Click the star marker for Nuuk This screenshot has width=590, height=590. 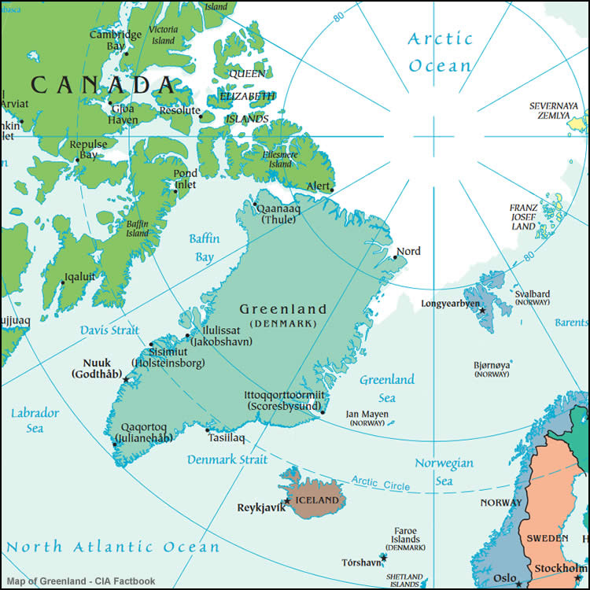[x=126, y=380]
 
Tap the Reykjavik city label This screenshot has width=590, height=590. [x=260, y=507]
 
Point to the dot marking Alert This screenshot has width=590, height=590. [x=332, y=190]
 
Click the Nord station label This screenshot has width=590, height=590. [x=408, y=251]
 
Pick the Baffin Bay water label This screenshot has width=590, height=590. [x=204, y=247]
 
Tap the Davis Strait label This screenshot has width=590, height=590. [x=109, y=330]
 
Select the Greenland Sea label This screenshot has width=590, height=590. [x=387, y=389]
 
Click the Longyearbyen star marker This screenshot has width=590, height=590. [x=483, y=311]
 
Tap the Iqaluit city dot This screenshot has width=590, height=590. [x=63, y=282]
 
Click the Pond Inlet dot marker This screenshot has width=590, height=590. [x=175, y=190]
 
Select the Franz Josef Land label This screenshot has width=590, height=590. [x=523, y=217]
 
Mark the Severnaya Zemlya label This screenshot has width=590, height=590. [x=553, y=110]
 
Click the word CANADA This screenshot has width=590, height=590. [x=103, y=84]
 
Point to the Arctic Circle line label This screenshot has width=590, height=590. [x=381, y=482]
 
